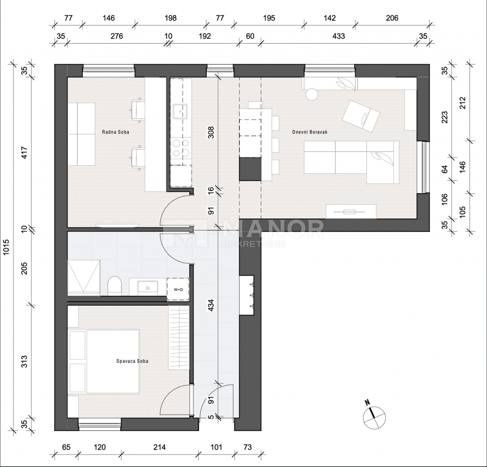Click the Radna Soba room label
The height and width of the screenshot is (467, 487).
[x=116, y=132]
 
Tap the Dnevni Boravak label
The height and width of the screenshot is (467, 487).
[x=310, y=132]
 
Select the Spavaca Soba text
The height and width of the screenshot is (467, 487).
[x=132, y=361]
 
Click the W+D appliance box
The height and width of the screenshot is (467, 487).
[x=178, y=289]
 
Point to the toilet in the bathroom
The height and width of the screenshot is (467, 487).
[x=114, y=286]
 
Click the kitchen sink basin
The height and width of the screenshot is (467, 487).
[x=180, y=112]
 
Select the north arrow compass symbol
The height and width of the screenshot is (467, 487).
[x=374, y=416]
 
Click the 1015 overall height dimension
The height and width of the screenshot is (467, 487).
[x=6, y=247]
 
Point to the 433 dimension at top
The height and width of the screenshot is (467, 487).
[x=338, y=36]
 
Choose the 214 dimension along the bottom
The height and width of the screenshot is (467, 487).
[x=160, y=448]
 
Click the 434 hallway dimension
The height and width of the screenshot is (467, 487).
[x=211, y=305]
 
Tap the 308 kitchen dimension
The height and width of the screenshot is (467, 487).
[x=211, y=132]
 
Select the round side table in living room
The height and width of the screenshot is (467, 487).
[x=312, y=94]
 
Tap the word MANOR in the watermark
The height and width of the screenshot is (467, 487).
[x=274, y=229]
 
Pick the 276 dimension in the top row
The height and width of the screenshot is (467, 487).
[x=117, y=36]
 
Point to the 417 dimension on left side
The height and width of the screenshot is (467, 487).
[x=24, y=153]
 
